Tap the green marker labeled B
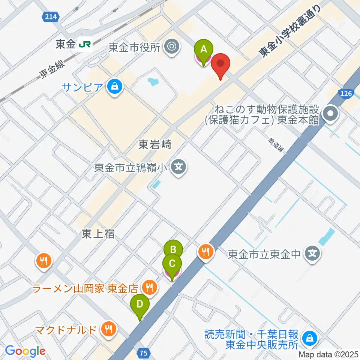173,250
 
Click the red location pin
220,64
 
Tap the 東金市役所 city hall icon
172,47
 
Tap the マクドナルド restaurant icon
109,330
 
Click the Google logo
25,351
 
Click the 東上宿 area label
98,234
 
